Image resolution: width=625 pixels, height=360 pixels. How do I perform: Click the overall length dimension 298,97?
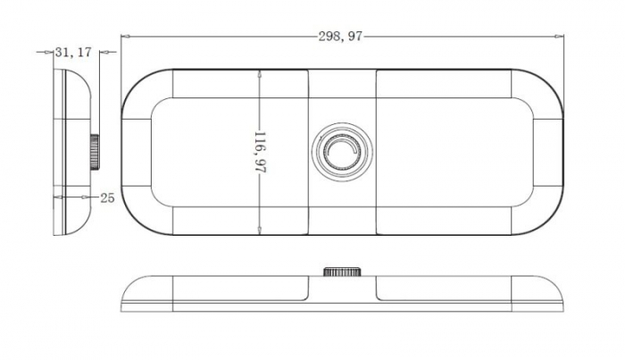pos(342,37)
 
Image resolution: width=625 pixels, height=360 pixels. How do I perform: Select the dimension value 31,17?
pos(72,53)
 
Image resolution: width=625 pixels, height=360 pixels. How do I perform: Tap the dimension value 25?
pos(107,197)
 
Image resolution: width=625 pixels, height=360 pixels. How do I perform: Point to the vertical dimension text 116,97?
pos(260,153)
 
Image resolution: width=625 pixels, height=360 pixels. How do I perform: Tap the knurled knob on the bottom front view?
pos(343,272)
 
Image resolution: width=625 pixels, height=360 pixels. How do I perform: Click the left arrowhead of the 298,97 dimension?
pos(124,37)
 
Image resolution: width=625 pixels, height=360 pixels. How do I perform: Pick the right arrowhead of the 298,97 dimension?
pos(562,37)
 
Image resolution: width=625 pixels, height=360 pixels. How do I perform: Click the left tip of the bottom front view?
pos(123,294)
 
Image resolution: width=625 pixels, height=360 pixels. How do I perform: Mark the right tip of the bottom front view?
pos(563,294)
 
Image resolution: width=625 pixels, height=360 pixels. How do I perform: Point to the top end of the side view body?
pos(62,69)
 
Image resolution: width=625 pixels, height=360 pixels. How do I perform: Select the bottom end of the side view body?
pos(62,233)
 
